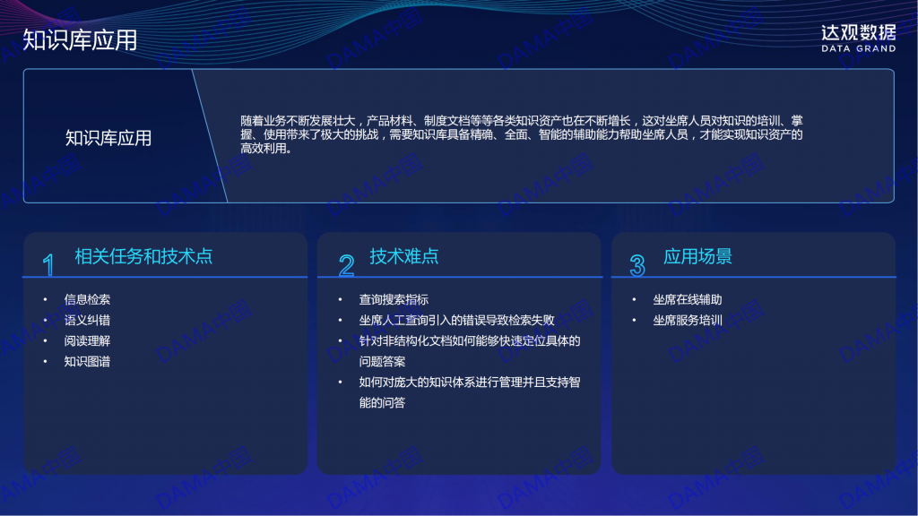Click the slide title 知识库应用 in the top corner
[80, 40]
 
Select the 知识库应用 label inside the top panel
[108, 138]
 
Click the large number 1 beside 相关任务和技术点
[48, 265]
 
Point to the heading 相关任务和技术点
[143, 256]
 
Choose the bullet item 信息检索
[87, 299]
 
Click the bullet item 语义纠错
[87, 320]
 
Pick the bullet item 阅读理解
[87, 340]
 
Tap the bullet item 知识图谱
[87, 362]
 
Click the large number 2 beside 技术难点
[347, 265]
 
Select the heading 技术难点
[404, 256]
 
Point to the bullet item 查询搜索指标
[394, 299]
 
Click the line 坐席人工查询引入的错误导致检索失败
[456, 320]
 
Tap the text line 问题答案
[382, 362]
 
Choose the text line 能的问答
[382, 402]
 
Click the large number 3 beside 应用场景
[637, 265]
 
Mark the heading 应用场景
[697, 256]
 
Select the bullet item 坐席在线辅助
[688, 299]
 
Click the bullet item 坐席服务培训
[688, 320]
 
